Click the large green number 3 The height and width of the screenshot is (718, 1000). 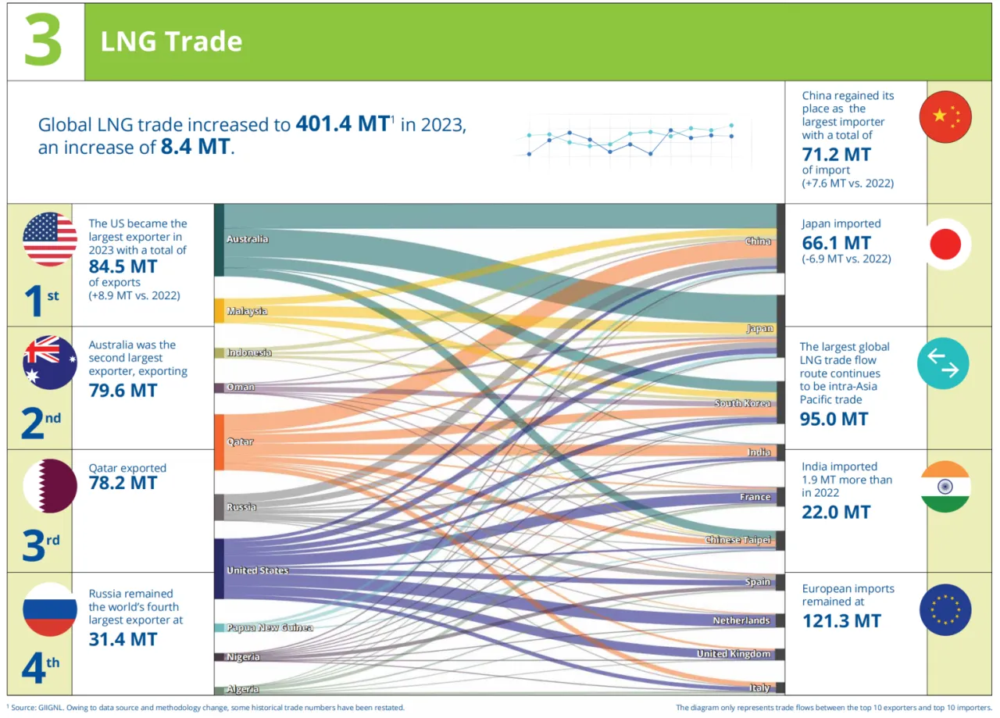(x=44, y=41)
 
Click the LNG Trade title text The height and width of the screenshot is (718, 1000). (x=171, y=42)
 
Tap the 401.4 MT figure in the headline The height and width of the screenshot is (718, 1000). (x=342, y=124)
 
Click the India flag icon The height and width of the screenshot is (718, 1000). (x=945, y=487)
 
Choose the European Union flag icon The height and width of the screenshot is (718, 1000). (x=945, y=609)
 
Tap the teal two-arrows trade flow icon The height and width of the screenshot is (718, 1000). (x=943, y=363)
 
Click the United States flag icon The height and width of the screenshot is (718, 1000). (x=50, y=239)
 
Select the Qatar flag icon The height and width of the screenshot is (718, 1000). (x=50, y=486)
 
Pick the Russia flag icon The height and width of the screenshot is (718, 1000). (x=50, y=609)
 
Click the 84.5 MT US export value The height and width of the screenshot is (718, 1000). (x=123, y=266)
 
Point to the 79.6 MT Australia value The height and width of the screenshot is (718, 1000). (x=123, y=390)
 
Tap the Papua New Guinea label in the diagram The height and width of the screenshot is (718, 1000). (x=270, y=627)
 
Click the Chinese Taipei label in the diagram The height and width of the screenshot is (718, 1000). (x=738, y=540)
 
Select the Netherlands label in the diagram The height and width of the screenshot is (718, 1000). (x=741, y=620)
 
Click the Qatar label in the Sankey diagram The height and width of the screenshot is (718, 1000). (x=240, y=442)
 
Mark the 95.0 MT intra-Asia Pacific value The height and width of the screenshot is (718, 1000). (x=834, y=419)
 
